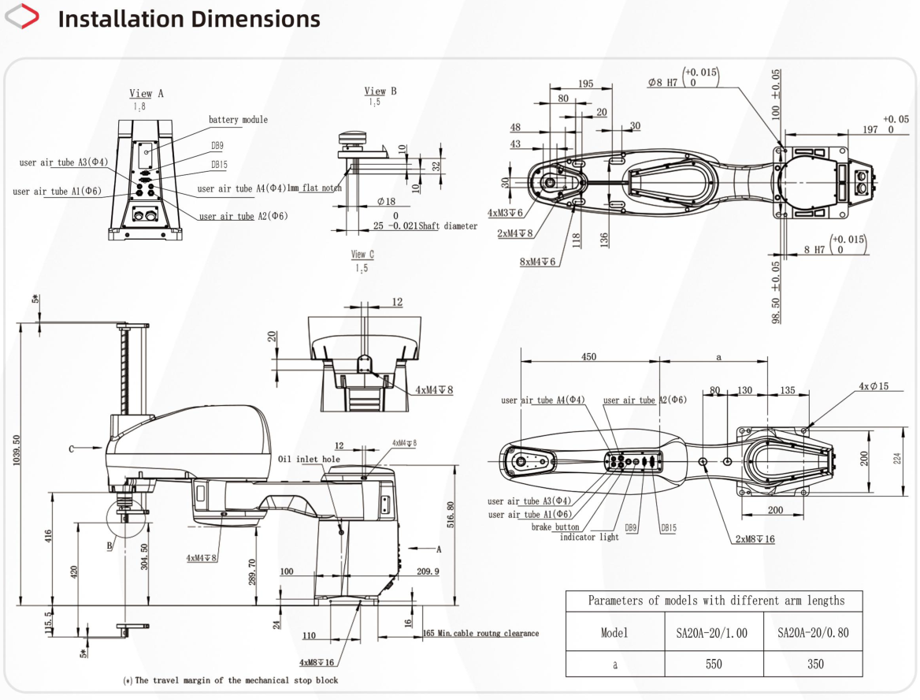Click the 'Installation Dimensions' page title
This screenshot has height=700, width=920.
click(x=189, y=19)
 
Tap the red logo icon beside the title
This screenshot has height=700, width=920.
click(x=22, y=16)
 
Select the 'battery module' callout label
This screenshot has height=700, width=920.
click(x=238, y=120)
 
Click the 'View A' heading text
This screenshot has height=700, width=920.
click(x=146, y=93)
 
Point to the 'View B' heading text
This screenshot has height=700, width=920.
click(x=380, y=91)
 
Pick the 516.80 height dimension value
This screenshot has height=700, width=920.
click(x=451, y=515)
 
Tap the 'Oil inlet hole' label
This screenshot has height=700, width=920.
click(x=309, y=460)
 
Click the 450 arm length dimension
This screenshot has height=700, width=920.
click(x=588, y=356)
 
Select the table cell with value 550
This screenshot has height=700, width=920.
click(x=714, y=664)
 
